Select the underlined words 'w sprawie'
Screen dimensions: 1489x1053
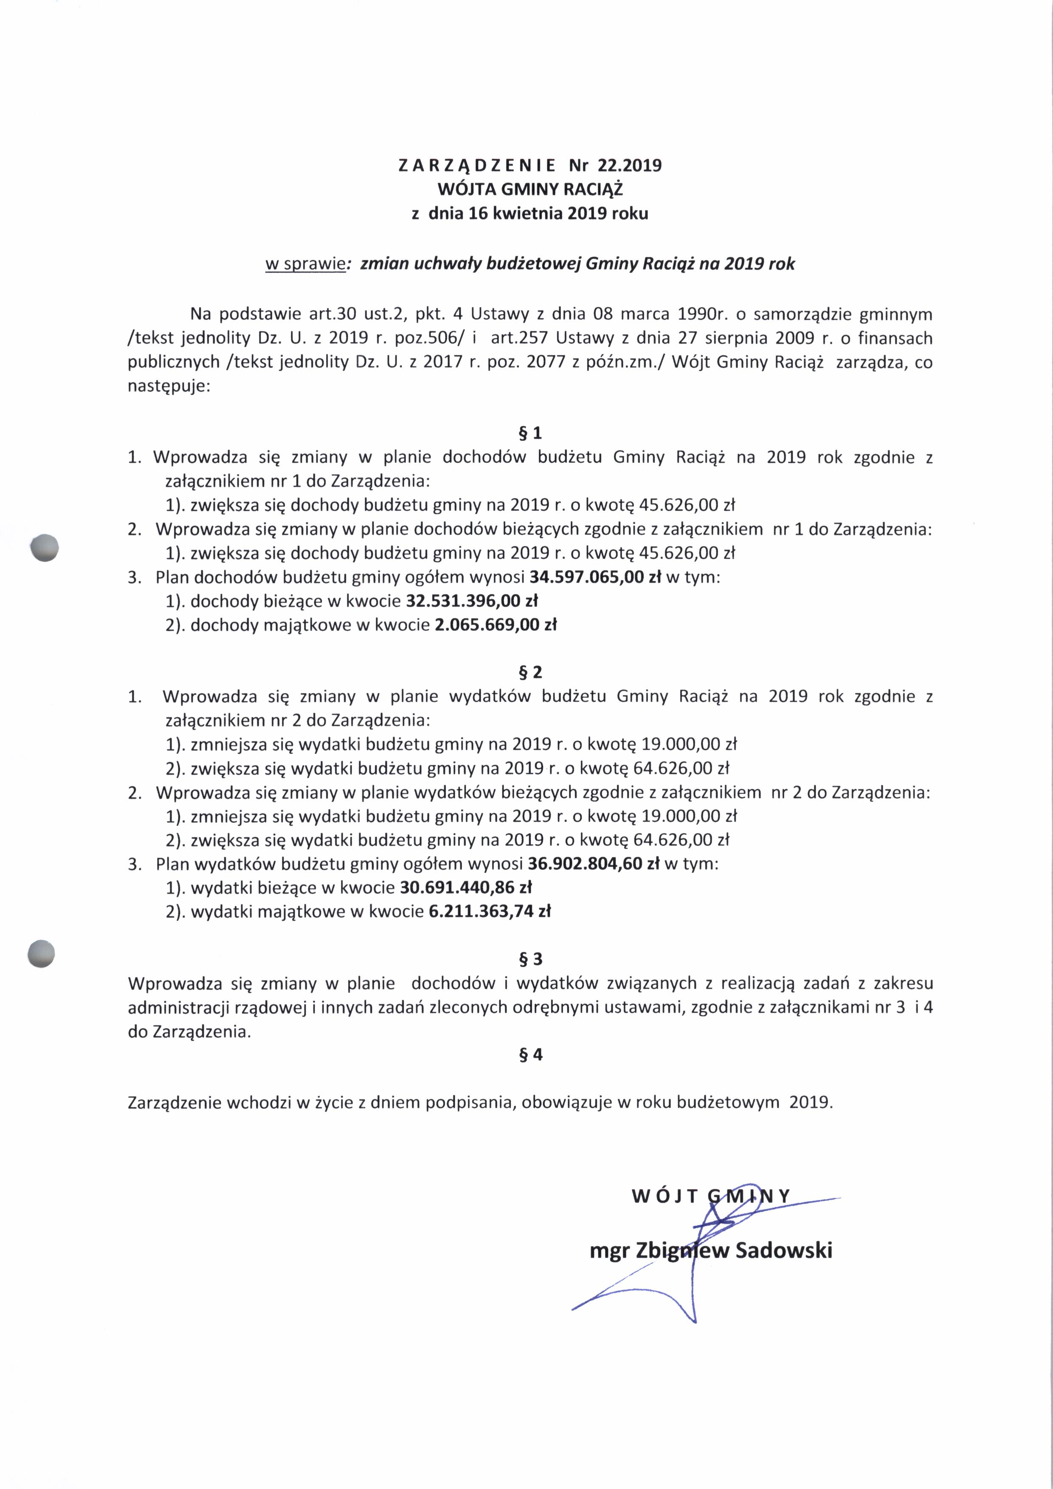pos(305,264)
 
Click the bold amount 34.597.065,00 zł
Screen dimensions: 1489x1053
pos(595,577)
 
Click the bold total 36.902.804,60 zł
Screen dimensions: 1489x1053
pos(594,864)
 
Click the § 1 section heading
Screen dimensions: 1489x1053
pos(530,433)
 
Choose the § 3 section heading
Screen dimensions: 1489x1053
pos(530,959)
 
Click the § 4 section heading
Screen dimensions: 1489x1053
pos(530,1055)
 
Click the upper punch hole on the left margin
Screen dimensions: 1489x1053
pos(45,547)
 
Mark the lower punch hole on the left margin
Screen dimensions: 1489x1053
pos(42,953)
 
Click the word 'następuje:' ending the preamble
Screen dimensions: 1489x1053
pos(169,387)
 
